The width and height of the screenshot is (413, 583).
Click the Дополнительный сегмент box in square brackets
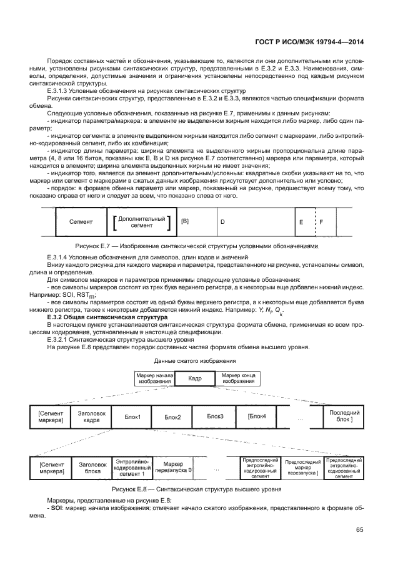[x=141, y=221]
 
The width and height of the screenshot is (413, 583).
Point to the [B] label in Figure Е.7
[x=185, y=221]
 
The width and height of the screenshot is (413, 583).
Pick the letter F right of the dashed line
[x=321, y=222]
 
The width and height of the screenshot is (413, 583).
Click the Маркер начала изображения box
[x=152, y=378]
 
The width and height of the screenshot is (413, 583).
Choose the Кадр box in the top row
[x=194, y=378]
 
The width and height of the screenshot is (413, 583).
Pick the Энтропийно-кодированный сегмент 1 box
[x=132, y=468]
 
